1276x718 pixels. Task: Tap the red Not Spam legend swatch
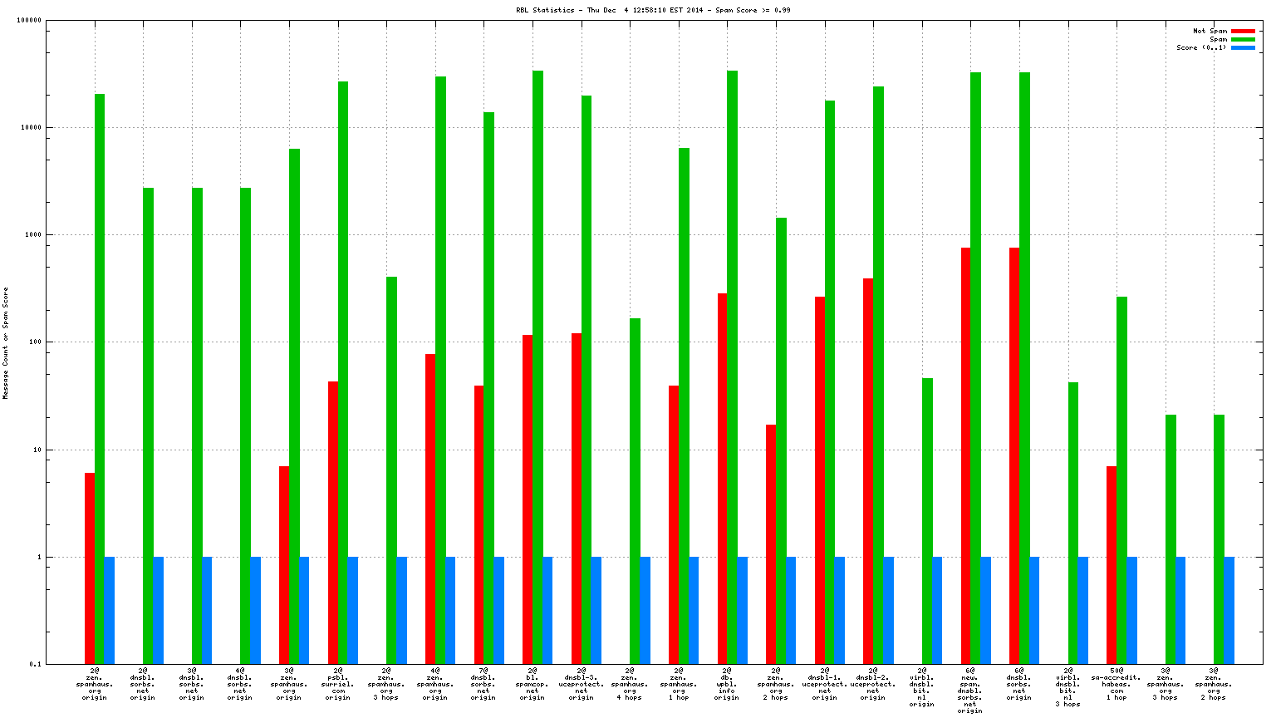1243,31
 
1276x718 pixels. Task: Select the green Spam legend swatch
1243,39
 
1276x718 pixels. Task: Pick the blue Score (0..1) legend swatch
1243,47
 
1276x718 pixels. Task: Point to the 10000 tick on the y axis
32,128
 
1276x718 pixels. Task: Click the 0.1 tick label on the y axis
35,664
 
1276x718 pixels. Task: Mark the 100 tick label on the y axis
35,342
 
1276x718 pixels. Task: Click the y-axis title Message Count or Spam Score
6,343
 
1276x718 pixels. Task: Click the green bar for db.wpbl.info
732,366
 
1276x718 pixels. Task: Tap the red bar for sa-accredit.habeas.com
1112,564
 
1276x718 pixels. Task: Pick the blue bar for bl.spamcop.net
547,610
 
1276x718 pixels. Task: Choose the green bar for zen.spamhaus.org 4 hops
635,490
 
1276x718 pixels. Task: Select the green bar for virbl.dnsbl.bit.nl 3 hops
1072,523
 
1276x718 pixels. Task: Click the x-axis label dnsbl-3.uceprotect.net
582,683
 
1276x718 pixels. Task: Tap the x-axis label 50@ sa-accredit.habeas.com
1116,683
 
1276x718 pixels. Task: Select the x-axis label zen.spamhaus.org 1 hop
679,683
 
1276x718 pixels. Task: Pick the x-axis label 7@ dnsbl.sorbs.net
483,683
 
